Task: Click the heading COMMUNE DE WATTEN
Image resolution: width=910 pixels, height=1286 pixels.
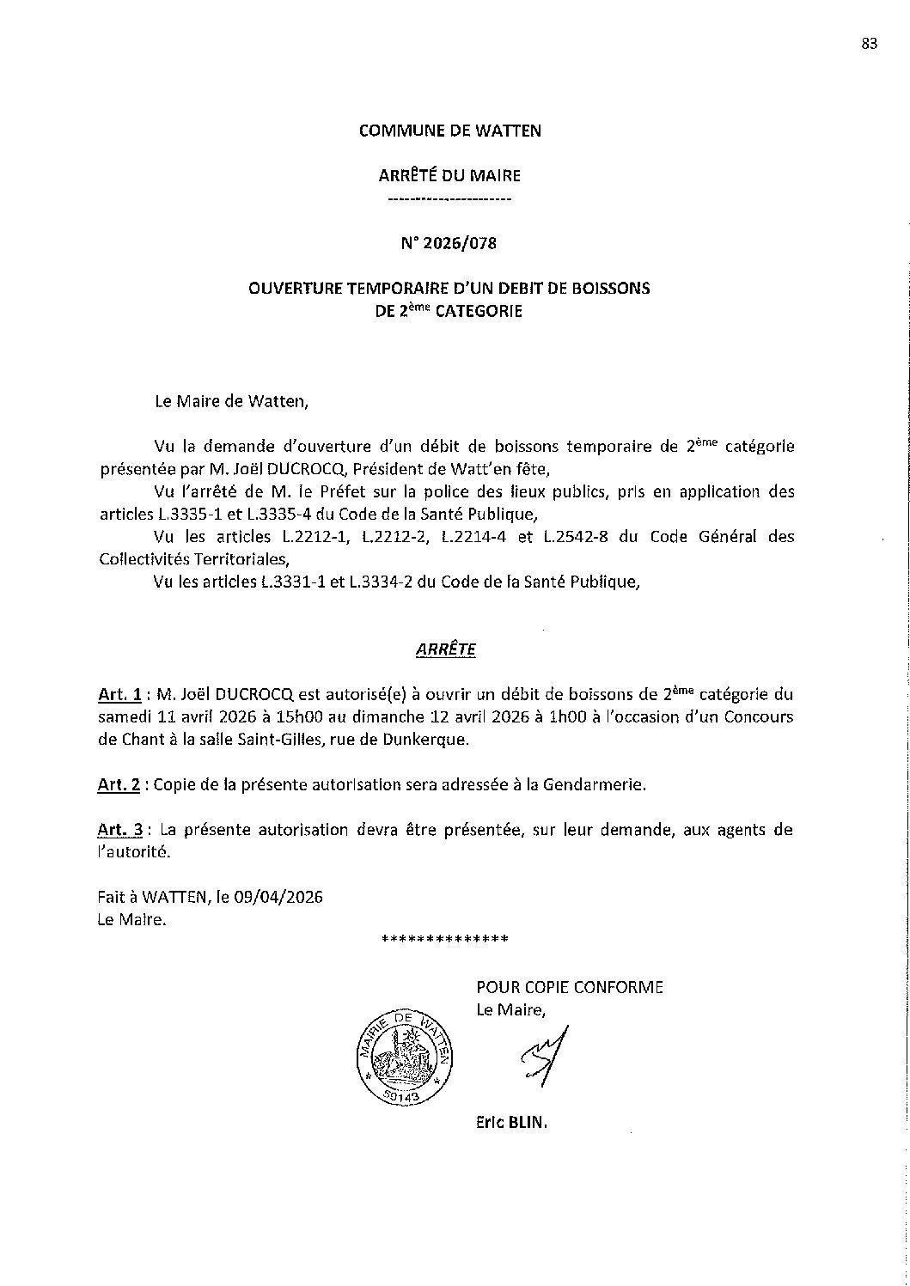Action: click(x=449, y=131)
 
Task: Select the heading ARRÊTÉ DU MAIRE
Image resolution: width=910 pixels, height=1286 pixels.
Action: click(x=449, y=176)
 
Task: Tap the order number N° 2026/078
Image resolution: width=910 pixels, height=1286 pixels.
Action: click(x=449, y=243)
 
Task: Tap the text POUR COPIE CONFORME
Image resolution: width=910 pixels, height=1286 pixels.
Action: click(x=570, y=987)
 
